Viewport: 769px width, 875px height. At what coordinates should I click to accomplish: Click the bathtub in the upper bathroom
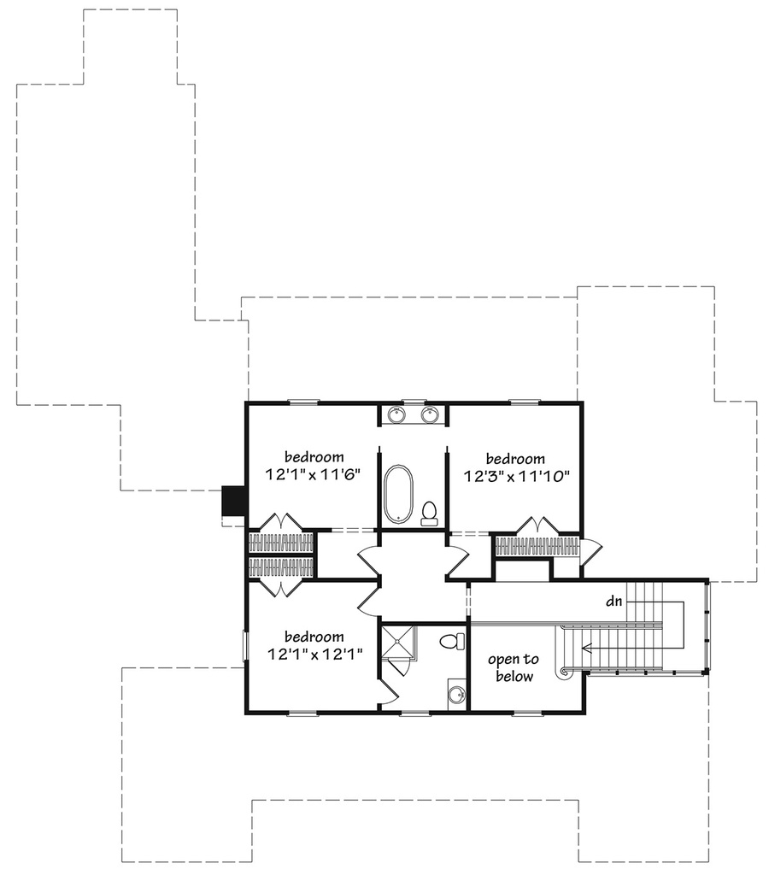click(x=397, y=494)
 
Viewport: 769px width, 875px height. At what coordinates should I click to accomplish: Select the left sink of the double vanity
click(x=396, y=415)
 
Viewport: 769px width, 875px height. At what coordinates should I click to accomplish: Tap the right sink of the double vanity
click(x=430, y=415)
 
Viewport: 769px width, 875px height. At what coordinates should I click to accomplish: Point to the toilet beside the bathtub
click(x=429, y=513)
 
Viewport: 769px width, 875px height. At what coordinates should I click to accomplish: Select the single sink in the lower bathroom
click(x=458, y=693)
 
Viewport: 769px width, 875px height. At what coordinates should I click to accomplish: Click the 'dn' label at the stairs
click(x=613, y=602)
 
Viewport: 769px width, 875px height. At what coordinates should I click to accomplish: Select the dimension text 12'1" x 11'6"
click(x=314, y=473)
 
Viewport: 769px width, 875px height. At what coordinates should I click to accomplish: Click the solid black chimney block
click(x=233, y=501)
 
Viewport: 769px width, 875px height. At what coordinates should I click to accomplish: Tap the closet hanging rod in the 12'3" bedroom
click(x=537, y=546)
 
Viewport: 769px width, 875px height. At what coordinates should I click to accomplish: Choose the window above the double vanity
click(x=414, y=401)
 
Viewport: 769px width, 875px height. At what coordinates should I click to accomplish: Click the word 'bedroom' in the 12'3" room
click(x=516, y=458)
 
